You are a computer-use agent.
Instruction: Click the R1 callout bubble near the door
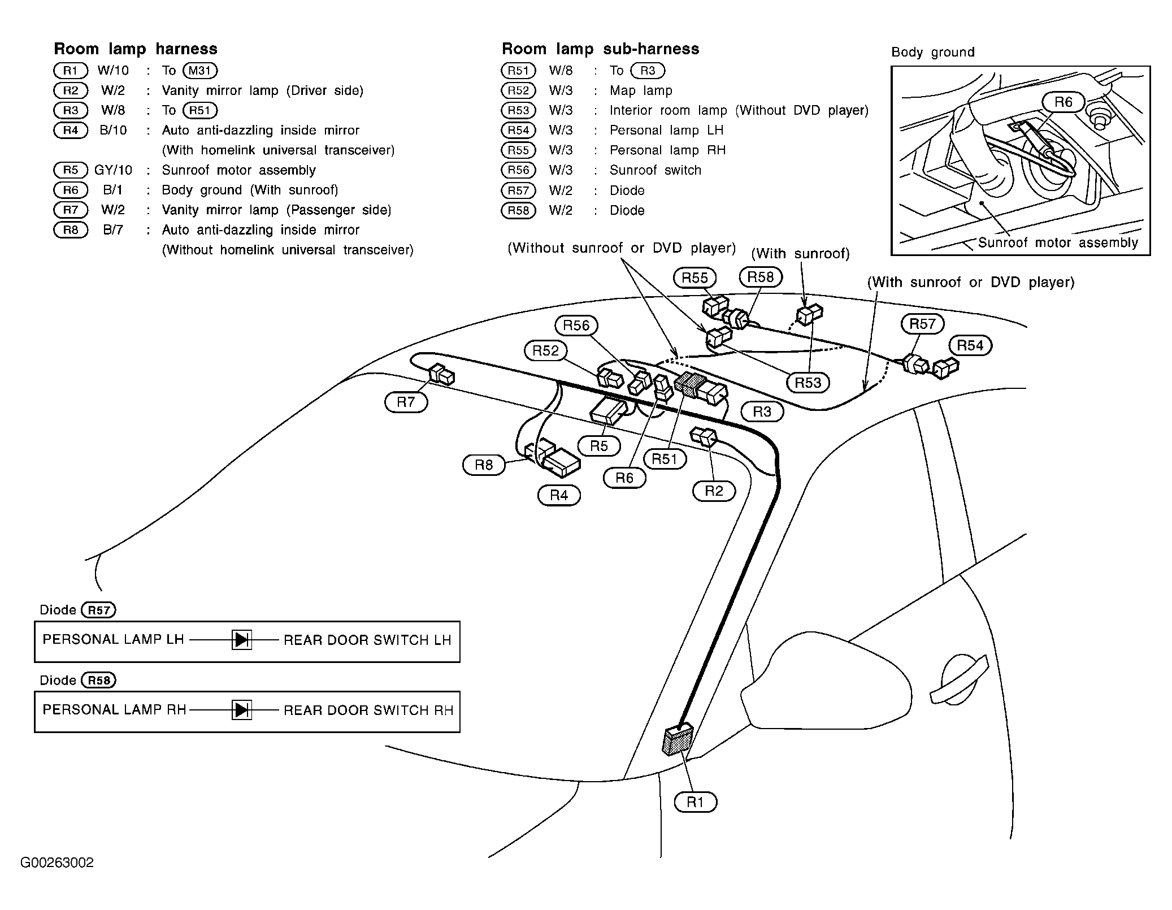click(x=695, y=802)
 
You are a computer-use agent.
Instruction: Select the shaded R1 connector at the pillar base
click(x=677, y=740)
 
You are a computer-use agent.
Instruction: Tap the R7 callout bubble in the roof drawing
click(x=406, y=402)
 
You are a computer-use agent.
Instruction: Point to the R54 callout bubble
click(x=970, y=345)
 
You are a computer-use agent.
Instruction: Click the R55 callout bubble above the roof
click(x=694, y=278)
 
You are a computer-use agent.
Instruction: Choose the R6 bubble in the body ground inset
click(x=1063, y=102)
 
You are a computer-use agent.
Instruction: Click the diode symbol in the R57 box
click(x=242, y=640)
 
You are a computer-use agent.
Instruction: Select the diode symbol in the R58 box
click(x=242, y=710)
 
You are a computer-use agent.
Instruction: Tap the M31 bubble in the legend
click(x=200, y=71)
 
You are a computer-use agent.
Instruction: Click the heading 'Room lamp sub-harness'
click(x=600, y=49)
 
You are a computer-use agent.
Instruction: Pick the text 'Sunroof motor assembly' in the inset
click(x=1058, y=243)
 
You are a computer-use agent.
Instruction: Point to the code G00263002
click(x=57, y=863)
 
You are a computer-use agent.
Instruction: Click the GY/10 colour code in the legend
click(x=113, y=170)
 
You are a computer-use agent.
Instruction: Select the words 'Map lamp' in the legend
click(x=641, y=90)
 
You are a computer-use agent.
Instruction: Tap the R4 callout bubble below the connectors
click(x=559, y=495)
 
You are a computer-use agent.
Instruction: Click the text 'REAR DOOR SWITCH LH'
click(x=367, y=640)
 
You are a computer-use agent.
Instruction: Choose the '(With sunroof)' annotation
click(x=800, y=254)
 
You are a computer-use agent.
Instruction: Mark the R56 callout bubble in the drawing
click(x=576, y=325)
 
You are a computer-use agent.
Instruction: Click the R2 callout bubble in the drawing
click(x=714, y=491)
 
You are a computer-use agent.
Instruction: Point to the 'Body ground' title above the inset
click(x=932, y=53)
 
